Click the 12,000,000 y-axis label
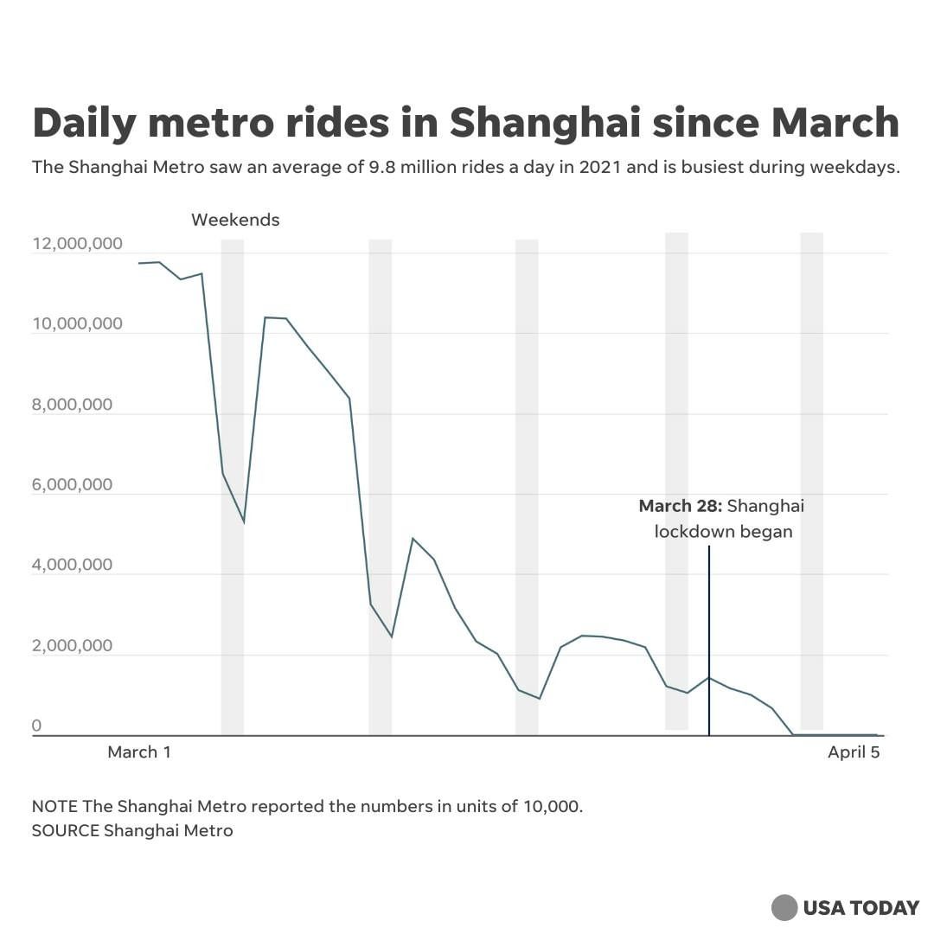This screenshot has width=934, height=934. [x=77, y=244]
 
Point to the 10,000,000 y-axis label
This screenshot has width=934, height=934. [x=77, y=324]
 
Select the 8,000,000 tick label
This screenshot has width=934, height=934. [x=73, y=405]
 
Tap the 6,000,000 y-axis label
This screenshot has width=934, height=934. [x=73, y=484]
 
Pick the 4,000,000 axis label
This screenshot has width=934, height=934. [x=73, y=565]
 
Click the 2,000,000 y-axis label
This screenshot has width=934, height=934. [x=73, y=645]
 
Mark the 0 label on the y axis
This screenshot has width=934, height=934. [x=36, y=726]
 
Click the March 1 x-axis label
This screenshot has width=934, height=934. [x=139, y=752]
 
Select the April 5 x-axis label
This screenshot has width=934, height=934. [x=854, y=752]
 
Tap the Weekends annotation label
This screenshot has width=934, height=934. [x=235, y=220]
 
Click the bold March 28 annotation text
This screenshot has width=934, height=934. [x=680, y=506]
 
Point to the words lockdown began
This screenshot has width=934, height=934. [x=723, y=531]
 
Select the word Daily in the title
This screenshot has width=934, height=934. [x=84, y=124]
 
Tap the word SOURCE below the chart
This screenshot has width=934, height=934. [x=65, y=831]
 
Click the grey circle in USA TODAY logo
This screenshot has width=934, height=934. [x=784, y=907]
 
